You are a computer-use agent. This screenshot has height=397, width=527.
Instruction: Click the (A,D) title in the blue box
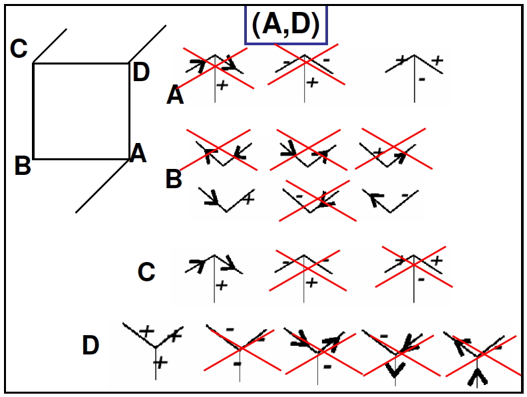click(x=285, y=25)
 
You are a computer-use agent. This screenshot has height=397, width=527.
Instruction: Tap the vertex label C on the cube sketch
click(x=19, y=49)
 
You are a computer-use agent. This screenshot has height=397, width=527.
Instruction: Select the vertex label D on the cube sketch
click(x=141, y=72)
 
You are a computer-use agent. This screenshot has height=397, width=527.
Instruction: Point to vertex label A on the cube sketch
click(x=138, y=153)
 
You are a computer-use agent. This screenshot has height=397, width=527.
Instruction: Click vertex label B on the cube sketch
click(x=23, y=166)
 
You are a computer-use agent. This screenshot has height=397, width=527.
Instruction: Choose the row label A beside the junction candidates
click(x=175, y=95)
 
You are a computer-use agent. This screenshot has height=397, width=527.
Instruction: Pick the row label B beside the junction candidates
click(x=174, y=179)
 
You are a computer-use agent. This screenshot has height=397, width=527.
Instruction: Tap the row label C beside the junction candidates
click(x=146, y=272)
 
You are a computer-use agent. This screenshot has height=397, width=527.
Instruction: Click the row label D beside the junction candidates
click(x=90, y=345)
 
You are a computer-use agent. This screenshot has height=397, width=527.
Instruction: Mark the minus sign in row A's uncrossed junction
click(x=422, y=80)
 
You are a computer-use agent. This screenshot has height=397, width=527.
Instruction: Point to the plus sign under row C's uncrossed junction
click(x=222, y=285)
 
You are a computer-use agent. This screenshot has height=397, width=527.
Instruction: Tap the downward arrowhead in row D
click(x=395, y=370)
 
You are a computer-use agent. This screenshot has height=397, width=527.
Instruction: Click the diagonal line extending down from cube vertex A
click(x=102, y=186)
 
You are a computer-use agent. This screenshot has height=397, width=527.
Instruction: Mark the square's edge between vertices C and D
click(x=81, y=63)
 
